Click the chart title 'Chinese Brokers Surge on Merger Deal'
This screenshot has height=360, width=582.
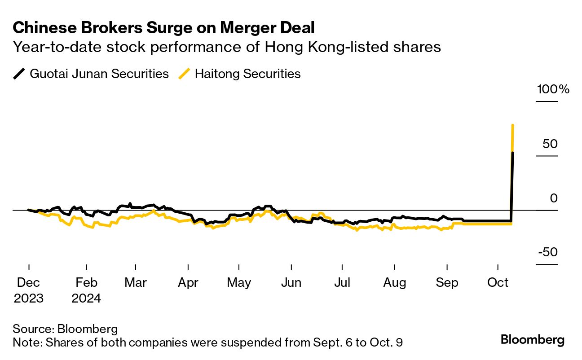(164, 28)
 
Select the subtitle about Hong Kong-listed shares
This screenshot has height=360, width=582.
(227, 47)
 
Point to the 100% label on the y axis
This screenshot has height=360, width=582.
(553, 89)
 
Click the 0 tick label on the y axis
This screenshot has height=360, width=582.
(554, 198)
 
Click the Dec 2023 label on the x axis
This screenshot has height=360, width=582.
(29, 290)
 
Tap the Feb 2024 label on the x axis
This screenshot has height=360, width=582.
(86, 290)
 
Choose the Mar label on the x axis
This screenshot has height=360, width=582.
(135, 283)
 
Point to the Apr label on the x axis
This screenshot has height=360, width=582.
(188, 283)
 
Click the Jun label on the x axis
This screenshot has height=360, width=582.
(291, 283)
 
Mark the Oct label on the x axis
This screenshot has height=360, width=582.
(498, 283)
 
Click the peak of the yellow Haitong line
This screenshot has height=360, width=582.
(513, 125)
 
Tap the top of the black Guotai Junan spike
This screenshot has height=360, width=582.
(513, 153)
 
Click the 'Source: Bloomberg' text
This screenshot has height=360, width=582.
(66, 329)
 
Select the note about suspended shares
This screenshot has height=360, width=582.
(208, 343)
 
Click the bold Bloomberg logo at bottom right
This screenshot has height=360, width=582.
(533, 340)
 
